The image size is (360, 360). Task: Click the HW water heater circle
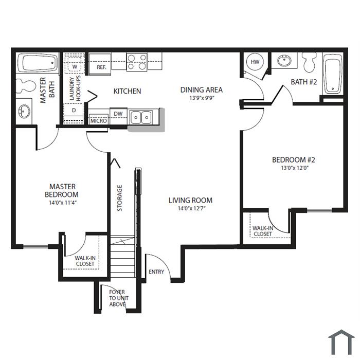coord(255,62)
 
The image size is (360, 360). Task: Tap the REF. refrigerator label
coord(101,67)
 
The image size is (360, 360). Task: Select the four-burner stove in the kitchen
coord(137,62)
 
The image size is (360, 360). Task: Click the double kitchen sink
coord(141,117)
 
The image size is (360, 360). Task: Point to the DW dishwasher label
coord(118,114)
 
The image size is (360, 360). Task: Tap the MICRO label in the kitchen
coord(99,121)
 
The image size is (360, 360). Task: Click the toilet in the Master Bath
coord(26,86)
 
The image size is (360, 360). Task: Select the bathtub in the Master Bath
coord(38,63)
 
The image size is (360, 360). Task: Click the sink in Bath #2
coord(284,61)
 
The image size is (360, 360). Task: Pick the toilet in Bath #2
coord(309,62)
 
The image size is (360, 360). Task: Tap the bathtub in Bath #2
coord(333,74)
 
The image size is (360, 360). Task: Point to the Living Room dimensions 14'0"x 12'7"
coord(191,208)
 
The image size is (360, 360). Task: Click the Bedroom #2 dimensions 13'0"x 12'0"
coord(295,168)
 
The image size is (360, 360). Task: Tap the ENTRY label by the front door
coord(156,272)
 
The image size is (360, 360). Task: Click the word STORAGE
coord(120,198)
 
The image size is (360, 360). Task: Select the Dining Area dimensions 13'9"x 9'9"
coord(202,98)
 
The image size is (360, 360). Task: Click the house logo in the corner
coord(341,342)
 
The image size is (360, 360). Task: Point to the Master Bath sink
coord(24,112)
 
